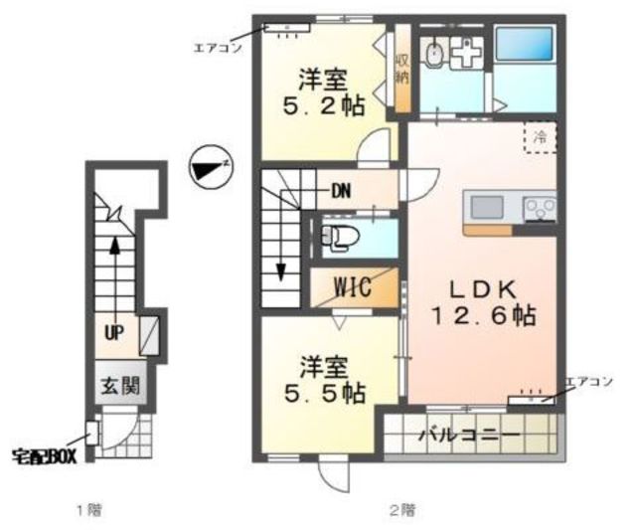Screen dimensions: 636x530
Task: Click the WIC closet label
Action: [x=353, y=287]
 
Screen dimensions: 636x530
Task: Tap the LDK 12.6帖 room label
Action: [x=483, y=302]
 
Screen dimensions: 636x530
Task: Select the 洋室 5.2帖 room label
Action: [x=323, y=92]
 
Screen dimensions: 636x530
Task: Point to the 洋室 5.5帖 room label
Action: [x=325, y=380]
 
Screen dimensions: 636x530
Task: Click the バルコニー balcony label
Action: [x=469, y=436]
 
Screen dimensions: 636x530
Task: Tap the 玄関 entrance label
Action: [x=120, y=386]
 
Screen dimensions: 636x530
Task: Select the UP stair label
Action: [x=114, y=333]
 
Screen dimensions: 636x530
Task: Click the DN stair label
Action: [x=341, y=191]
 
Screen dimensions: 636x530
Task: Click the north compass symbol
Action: [x=211, y=167]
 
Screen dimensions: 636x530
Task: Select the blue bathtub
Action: [x=524, y=44]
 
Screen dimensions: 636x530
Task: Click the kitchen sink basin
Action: [x=487, y=208]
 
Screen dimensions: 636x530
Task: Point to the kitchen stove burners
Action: [x=540, y=209]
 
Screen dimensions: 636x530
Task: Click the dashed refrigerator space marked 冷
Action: [x=540, y=137]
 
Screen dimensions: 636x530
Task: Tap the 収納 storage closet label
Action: [x=401, y=69]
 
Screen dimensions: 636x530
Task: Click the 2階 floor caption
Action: [x=402, y=509]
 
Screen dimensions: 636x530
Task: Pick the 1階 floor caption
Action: [x=89, y=509]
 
